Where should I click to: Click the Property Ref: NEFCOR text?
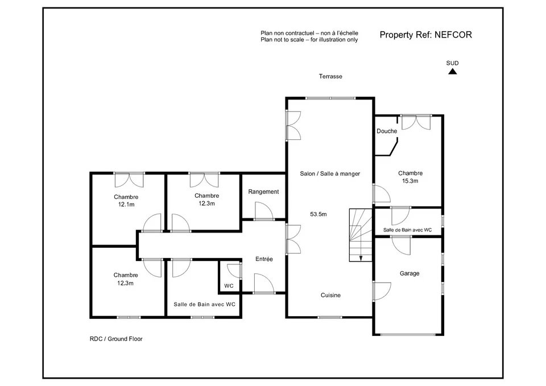tap(425, 35)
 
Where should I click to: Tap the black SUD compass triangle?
tap(452, 72)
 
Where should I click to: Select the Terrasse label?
tap(330, 76)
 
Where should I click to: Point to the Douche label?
tap(387, 131)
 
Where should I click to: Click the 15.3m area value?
tap(410, 181)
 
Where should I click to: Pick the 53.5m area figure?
tap(318, 214)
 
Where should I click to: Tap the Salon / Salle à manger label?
tap(330, 174)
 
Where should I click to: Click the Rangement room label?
tap(263, 192)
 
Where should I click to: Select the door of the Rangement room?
tap(263, 211)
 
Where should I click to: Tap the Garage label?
tap(409, 273)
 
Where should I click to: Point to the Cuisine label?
tap(330, 295)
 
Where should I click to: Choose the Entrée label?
tap(264, 259)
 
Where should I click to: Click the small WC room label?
tap(229, 286)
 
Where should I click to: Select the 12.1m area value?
tap(126, 205)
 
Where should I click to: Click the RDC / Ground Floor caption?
tap(116, 339)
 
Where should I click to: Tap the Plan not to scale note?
tap(309, 40)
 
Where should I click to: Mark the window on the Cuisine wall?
tap(330, 317)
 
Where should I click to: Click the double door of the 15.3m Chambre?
tap(416, 122)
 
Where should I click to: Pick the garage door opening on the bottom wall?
tap(408, 334)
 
